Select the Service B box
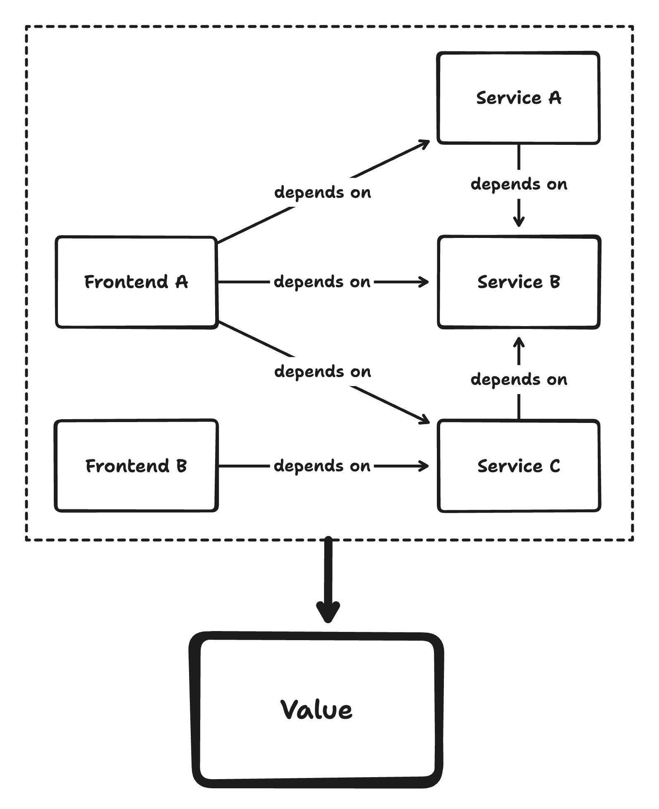(x=519, y=306)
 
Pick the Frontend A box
(x=137, y=306)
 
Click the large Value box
(x=317, y=745)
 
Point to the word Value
(x=316, y=709)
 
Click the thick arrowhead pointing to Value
(x=328, y=612)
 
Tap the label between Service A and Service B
(x=519, y=184)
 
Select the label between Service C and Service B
(x=519, y=379)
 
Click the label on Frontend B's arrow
(x=322, y=466)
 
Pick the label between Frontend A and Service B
(x=322, y=282)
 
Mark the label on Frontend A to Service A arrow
(x=323, y=192)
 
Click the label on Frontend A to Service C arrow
(x=323, y=372)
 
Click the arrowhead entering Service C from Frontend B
(x=425, y=466)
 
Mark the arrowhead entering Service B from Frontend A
(x=425, y=282)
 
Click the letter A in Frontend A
(x=181, y=282)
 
